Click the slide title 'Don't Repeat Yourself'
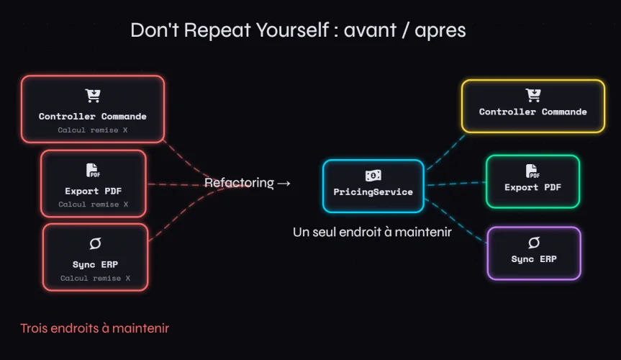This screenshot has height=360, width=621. coord(228,30)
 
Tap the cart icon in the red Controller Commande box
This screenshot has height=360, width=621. coord(93,96)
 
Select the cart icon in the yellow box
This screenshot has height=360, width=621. coord(533,95)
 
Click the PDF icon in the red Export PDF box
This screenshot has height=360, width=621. coord(93,171)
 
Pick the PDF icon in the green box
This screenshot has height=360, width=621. coord(532,171)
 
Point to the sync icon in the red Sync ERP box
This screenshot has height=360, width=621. coord(95,243)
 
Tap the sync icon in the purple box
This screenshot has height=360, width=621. coord(534,243)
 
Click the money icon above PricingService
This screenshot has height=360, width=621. coord(373,175)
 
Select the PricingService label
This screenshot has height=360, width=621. coord(373,192)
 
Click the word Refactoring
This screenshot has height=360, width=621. coord(239,183)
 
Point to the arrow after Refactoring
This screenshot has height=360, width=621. coord(284,183)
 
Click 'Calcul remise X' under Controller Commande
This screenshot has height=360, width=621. coord(93,130)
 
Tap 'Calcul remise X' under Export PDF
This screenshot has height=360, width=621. coord(93,204)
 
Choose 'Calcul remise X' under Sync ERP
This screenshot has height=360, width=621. coord(95,278)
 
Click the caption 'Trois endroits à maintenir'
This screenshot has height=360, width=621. coord(94,328)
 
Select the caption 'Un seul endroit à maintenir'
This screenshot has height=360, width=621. coord(372,232)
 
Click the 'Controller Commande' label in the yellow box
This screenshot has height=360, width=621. coord(533,112)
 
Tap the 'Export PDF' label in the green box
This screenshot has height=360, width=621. coord(532,187)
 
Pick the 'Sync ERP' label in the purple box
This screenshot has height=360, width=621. coord(534,259)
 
